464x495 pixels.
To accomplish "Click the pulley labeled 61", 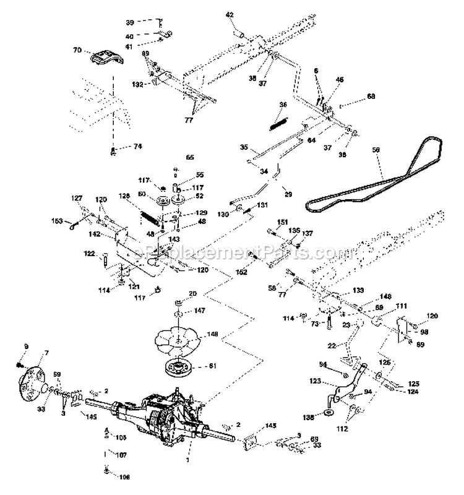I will click(x=182, y=369).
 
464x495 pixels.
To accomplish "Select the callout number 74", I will click(x=138, y=147).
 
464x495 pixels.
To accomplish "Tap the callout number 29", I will click(x=288, y=195).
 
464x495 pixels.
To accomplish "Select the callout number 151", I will click(x=282, y=222).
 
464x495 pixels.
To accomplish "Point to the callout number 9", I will click(x=27, y=345).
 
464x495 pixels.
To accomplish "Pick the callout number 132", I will click(x=138, y=84).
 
